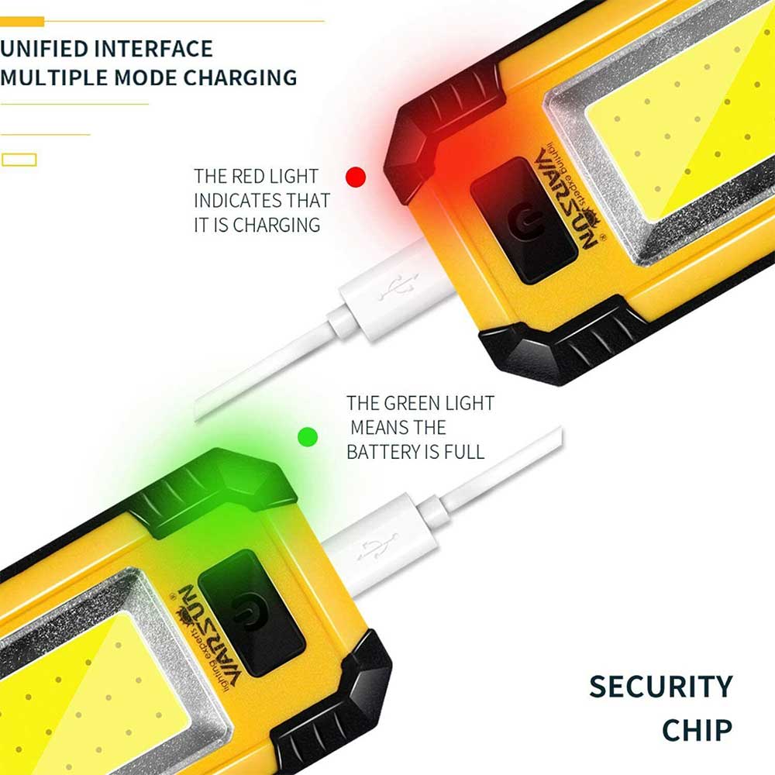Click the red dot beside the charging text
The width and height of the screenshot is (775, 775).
(356, 177)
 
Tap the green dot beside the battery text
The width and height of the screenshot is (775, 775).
(308, 437)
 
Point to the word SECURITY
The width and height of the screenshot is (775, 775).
(661, 687)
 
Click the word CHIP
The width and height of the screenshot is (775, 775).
(697, 730)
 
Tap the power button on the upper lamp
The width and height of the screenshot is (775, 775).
(524, 221)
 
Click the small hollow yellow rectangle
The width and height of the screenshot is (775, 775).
(19, 160)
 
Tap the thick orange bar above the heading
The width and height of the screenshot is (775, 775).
(22, 21)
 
